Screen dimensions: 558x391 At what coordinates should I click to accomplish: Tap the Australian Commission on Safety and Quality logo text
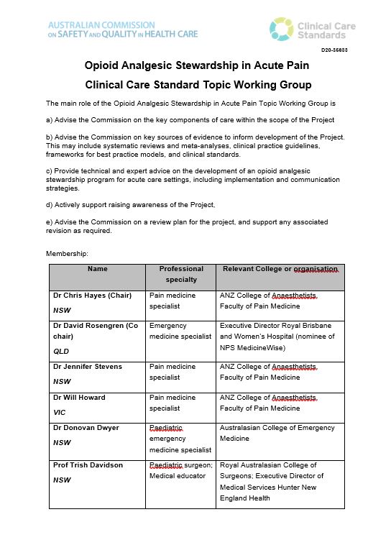point(119,29)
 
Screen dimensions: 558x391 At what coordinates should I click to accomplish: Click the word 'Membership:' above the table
point(67,254)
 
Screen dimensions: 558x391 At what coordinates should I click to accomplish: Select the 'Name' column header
point(97,269)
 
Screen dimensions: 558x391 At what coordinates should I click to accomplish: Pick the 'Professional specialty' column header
point(181,274)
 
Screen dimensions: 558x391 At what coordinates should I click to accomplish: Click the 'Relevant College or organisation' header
point(280,269)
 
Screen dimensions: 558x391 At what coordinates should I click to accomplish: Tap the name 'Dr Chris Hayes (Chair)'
point(92,296)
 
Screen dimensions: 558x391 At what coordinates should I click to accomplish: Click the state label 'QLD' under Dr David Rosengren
point(62,352)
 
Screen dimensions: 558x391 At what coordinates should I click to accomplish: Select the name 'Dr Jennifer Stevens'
point(88,367)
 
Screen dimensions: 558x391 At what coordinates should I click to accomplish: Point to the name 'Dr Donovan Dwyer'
point(86,428)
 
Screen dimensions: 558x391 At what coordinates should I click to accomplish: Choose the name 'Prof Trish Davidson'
point(88,465)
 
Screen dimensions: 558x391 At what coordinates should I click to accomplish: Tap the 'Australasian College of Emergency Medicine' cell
point(277,433)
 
